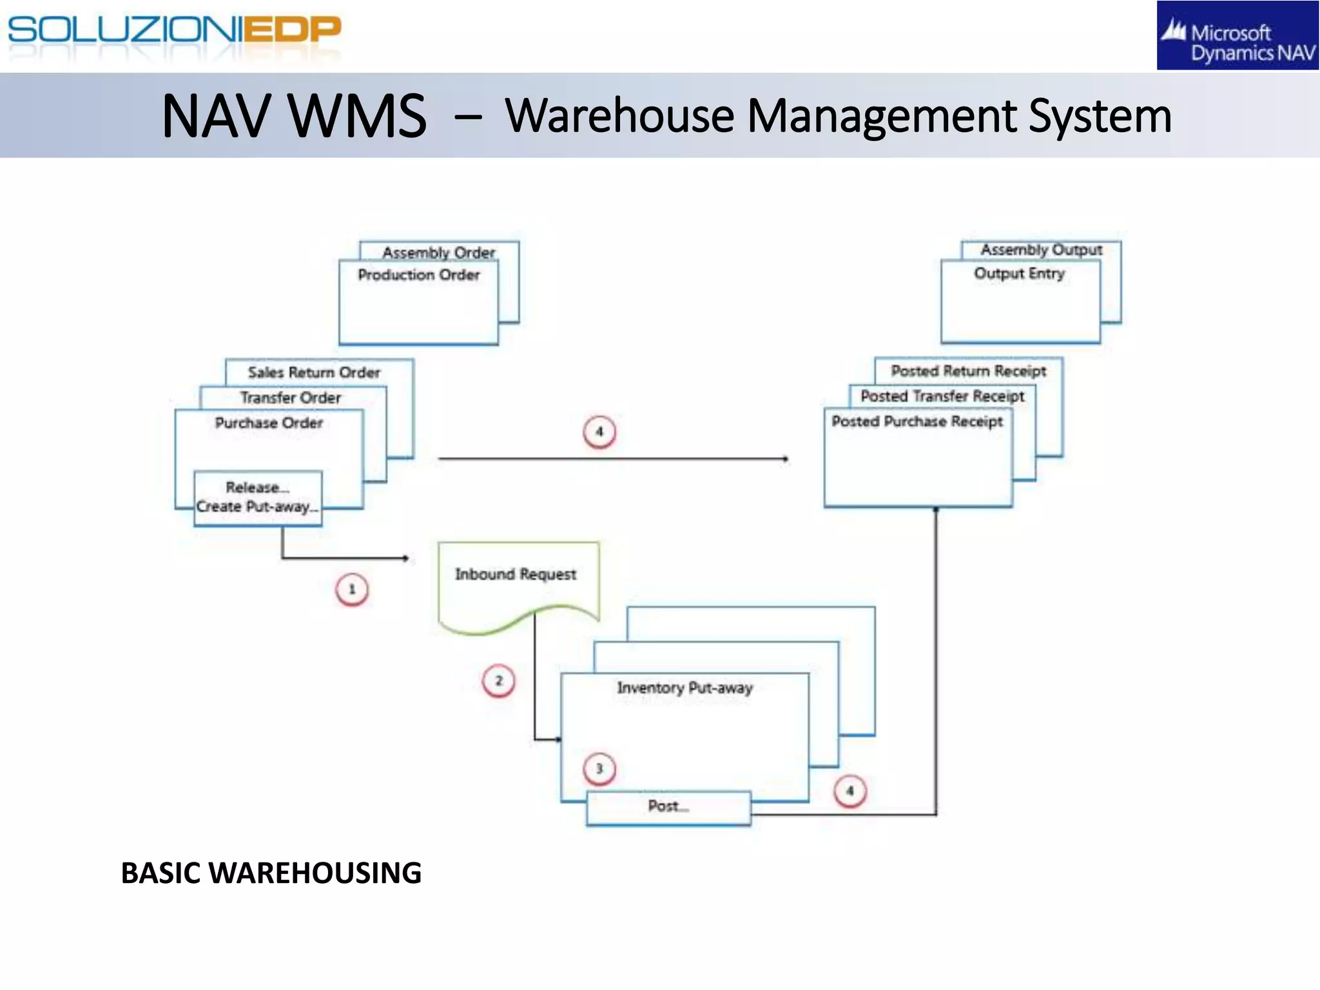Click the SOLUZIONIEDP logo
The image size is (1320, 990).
(x=174, y=31)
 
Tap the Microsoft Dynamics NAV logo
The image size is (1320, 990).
(x=1237, y=36)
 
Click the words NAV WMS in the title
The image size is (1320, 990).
(x=294, y=116)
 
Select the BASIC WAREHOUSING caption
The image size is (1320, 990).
(x=271, y=873)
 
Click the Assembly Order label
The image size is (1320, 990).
(x=439, y=252)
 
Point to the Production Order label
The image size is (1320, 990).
(x=419, y=275)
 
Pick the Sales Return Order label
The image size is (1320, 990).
(x=314, y=373)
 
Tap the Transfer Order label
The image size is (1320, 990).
(x=291, y=398)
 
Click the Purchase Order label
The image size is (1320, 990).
(x=269, y=423)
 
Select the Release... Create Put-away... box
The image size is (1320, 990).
(x=258, y=498)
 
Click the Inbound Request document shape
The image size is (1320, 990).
(x=516, y=580)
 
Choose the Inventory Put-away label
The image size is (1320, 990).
(x=684, y=688)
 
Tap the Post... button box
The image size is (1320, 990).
(x=668, y=807)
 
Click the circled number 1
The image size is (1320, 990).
(x=352, y=589)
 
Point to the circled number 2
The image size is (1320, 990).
(x=498, y=681)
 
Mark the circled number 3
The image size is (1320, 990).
(x=599, y=768)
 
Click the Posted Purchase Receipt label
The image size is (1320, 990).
(x=917, y=422)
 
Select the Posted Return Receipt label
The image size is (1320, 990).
(x=969, y=371)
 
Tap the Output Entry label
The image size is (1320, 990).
(x=1019, y=274)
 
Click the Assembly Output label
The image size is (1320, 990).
(x=1042, y=249)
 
